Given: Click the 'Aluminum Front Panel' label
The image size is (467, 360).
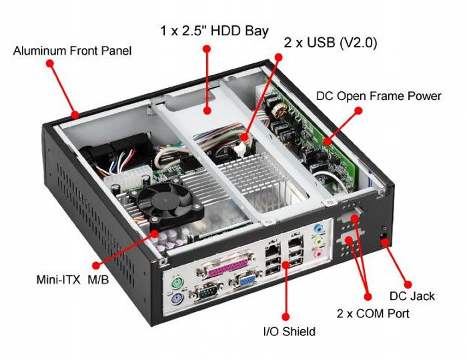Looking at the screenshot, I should tap(72, 51).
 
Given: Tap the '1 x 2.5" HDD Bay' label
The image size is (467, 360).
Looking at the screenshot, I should tap(214, 31).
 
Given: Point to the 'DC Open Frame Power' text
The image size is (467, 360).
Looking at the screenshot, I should tap(378, 96).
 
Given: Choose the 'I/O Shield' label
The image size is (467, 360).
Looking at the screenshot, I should tap(288, 331).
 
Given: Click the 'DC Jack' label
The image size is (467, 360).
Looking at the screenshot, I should tap(412, 295).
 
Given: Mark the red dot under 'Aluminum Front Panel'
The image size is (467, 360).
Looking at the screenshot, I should tap(49, 63).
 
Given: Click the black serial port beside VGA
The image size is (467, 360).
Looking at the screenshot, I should tap(208, 293).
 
